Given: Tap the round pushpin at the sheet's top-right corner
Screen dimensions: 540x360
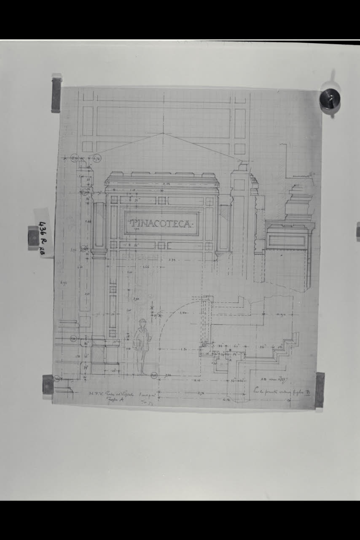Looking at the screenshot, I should [330, 100].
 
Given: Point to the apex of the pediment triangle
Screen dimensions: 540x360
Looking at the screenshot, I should [163, 133].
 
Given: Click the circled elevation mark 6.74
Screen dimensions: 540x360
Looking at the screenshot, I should [96, 159].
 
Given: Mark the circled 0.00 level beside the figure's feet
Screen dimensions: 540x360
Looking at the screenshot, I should [154, 375].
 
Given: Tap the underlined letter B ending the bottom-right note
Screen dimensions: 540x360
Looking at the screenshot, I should [308, 392].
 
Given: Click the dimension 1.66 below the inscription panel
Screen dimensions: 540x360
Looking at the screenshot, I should [146, 267].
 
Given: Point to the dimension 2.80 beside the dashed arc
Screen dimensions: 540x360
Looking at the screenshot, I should [183, 313].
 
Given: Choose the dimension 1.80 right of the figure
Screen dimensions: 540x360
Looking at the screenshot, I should [184, 349].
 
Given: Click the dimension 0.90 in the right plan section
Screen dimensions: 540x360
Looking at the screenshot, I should [280, 314].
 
